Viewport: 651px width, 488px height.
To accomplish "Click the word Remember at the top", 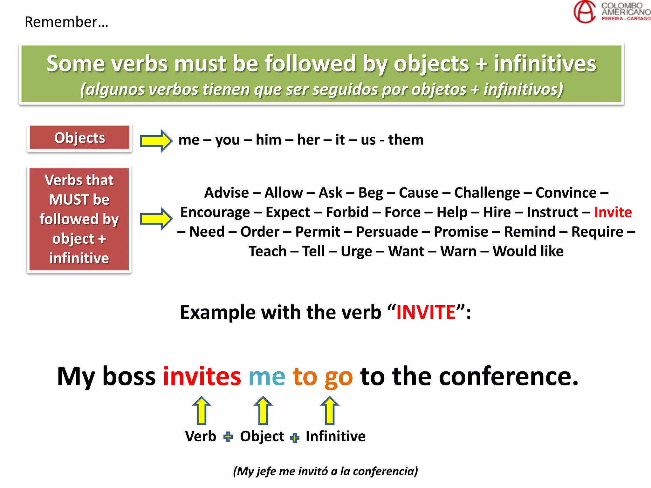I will coord(66,22).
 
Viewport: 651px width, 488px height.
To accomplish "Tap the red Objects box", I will coord(79,138).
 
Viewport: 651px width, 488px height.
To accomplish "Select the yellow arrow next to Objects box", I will coord(156,140).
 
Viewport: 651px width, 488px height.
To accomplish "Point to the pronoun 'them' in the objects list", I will coord(406,140).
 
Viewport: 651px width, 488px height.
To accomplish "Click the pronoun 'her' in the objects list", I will coord(308,140).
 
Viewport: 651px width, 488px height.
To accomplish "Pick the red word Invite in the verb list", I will coord(613,212).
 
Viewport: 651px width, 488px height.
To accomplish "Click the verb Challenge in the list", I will coord(487,193).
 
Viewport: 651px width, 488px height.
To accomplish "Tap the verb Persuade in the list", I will coord(387,232).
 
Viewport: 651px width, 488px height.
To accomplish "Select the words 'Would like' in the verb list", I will coord(528,251).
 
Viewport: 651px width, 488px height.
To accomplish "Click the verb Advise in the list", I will coord(226,193).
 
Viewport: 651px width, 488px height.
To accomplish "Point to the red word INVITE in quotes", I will coord(426,312).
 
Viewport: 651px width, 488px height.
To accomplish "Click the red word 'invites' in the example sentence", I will coord(202,376).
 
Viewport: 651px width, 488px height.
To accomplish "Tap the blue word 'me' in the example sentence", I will coord(267,376).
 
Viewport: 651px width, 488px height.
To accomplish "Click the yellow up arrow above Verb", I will coord(202,410).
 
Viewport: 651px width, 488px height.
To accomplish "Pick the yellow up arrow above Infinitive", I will coord(330,410).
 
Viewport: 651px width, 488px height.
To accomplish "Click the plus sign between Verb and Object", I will coord(228,437).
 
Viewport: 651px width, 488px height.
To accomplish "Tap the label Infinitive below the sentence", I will coord(335,436).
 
